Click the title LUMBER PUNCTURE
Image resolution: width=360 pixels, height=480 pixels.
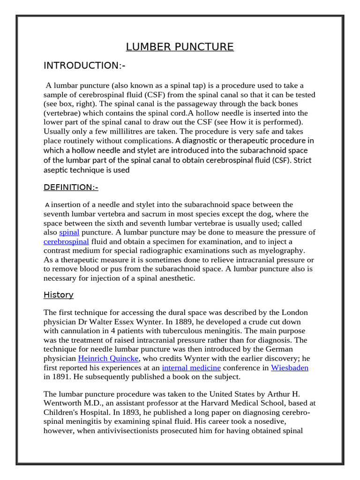[180, 47]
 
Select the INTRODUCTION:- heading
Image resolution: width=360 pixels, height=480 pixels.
[84, 66]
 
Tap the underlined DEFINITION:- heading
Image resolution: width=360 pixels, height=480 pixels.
[71, 187]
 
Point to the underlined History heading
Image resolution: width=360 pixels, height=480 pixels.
[59, 295]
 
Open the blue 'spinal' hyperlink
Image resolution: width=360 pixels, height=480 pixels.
[69, 232]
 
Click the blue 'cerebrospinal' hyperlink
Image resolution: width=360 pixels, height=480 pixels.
[66, 241]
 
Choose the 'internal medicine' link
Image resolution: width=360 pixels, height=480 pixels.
[191, 367]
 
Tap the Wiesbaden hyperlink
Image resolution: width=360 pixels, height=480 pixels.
[290, 367]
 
